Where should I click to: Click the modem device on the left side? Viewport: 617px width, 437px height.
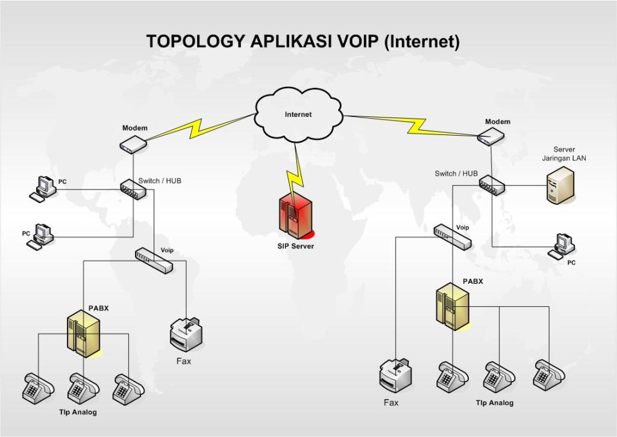(133, 143)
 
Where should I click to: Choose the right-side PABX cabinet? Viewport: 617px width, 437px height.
(453, 307)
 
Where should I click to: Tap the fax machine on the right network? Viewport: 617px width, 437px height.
(395, 375)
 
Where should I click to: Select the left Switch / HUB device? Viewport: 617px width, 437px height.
(133, 190)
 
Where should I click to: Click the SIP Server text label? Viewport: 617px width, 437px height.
(295, 246)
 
